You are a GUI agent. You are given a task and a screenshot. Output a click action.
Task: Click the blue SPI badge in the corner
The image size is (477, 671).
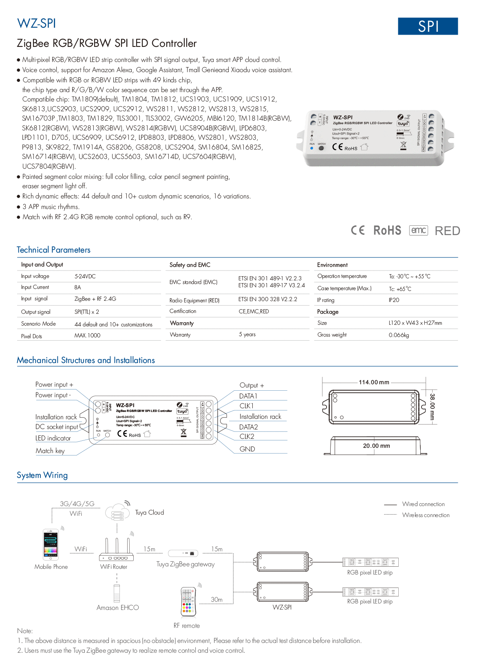tap(428, 26)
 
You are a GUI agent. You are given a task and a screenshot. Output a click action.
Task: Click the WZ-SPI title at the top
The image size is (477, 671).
tap(36, 24)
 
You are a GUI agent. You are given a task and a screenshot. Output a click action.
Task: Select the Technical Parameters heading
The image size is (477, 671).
tap(53, 250)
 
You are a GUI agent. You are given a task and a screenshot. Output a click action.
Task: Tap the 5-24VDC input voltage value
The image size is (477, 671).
tap(85, 276)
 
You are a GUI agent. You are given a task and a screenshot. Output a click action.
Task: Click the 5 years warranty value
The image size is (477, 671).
tap(247, 334)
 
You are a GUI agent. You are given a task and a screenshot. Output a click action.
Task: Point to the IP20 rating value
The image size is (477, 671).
tap(394, 300)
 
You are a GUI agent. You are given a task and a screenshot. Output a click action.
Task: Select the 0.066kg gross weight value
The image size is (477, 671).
tap(399, 335)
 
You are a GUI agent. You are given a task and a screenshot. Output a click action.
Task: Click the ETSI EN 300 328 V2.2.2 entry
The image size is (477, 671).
tap(267, 299)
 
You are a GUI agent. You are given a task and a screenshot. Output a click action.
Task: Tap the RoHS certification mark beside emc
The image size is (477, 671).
tap(387, 231)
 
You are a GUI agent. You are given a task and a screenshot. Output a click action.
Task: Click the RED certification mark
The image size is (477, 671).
tap(447, 231)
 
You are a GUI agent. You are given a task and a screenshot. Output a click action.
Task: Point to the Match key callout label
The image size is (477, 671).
tap(50, 451)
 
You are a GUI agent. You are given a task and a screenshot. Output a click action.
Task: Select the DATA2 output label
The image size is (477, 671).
tap(248, 427)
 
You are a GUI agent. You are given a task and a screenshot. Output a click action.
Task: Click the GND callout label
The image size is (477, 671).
tap(247, 449)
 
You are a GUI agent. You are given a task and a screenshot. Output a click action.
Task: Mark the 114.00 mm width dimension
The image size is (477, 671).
tap(374, 382)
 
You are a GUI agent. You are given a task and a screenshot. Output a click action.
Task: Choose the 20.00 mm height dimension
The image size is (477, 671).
tap(376, 446)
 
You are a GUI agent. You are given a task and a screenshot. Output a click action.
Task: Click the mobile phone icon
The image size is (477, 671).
tap(51, 545)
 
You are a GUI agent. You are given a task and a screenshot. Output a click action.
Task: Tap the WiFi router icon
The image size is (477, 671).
tap(116, 550)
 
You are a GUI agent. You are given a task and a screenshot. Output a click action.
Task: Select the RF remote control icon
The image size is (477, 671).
tap(188, 602)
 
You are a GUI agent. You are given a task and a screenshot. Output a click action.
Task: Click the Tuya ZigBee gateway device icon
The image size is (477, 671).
tap(183, 553)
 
